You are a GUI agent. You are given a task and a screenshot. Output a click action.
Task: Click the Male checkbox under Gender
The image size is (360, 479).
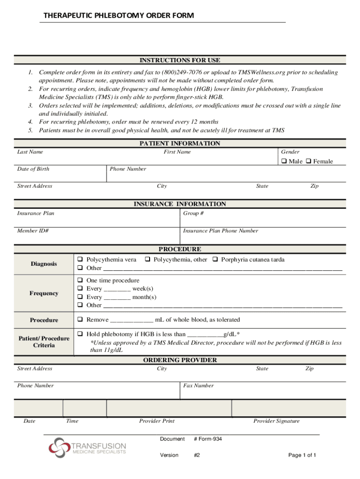pyautogui.click(x=284, y=161)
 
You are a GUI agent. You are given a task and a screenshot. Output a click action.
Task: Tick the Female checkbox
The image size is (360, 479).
pyautogui.click(x=309, y=161)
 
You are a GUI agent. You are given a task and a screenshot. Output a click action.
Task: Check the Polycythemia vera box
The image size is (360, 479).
pyautogui.click(x=80, y=260)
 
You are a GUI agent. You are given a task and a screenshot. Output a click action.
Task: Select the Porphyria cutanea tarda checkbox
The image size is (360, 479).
pyautogui.click(x=216, y=260)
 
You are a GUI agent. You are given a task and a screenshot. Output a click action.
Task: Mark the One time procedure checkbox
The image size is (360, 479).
pyautogui.click(x=80, y=281)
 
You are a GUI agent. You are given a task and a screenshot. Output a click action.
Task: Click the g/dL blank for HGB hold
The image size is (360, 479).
pyautogui.click(x=205, y=334)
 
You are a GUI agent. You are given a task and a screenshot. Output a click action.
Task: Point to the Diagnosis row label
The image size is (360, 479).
pyautogui.click(x=44, y=264)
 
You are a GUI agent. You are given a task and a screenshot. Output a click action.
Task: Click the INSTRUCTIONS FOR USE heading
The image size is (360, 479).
pyautogui.click(x=180, y=60)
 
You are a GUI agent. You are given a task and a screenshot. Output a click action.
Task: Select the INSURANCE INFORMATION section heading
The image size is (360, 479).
pyautogui.click(x=180, y=204)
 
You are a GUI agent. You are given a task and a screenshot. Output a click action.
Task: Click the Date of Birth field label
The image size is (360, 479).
pyautogui.click(x=33, y=169)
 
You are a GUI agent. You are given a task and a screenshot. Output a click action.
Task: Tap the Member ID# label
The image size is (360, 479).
pyautogui.click(x=33, y=231)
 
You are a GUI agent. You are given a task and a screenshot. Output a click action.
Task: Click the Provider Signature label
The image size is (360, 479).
pyautogui.click(x=276, y=421)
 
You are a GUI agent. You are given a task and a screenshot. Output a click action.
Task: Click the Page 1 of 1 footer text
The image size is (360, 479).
pyautogui.click(x=302, y=455)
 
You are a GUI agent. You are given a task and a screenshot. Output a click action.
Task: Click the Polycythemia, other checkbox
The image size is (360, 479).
pyautogui.click(x=147, y=260)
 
